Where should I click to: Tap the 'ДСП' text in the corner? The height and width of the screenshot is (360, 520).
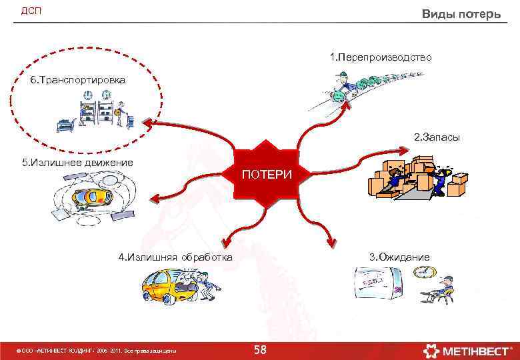[31, 11]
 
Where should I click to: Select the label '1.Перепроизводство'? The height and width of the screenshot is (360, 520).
[381, 57]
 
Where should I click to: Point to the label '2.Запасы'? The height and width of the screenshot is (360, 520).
[437, 137]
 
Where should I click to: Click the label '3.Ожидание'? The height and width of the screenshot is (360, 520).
[399, 257]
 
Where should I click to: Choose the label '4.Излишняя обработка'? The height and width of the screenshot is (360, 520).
[175, 257]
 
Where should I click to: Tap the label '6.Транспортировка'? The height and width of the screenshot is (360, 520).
[77, 80]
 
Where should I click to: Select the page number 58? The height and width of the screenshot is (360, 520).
[260, 350]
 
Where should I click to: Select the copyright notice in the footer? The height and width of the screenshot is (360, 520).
[93, 351]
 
